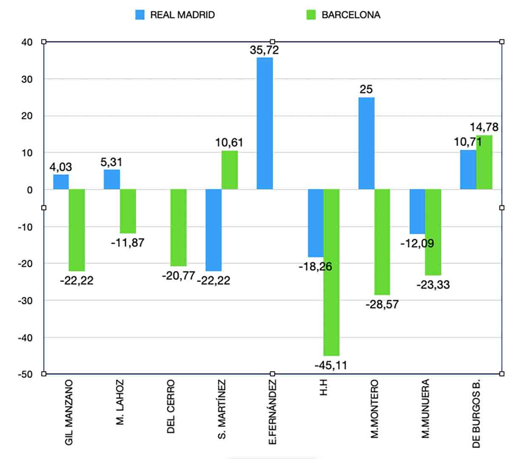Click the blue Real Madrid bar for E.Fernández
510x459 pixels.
coord(265,123)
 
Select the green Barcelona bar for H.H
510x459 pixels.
coord(331,272)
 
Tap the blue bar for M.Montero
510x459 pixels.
coord(366,143)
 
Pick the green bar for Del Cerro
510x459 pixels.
coord(178,227)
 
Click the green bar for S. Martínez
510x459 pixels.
coord(230,170)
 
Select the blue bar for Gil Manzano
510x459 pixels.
coord(61,182)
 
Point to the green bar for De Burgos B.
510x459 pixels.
coord(484,162)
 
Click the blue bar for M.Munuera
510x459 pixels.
coord(417,211)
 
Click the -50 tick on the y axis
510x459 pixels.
coord(25,374)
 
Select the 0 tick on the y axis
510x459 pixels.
coord(30,190)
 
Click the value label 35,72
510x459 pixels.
coord(264,50)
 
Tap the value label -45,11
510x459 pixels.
coord(331,365)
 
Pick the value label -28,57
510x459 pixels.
coord(382,304)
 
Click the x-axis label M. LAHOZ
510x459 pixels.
coord(120,402)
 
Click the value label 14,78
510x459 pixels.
coord(484,127)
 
